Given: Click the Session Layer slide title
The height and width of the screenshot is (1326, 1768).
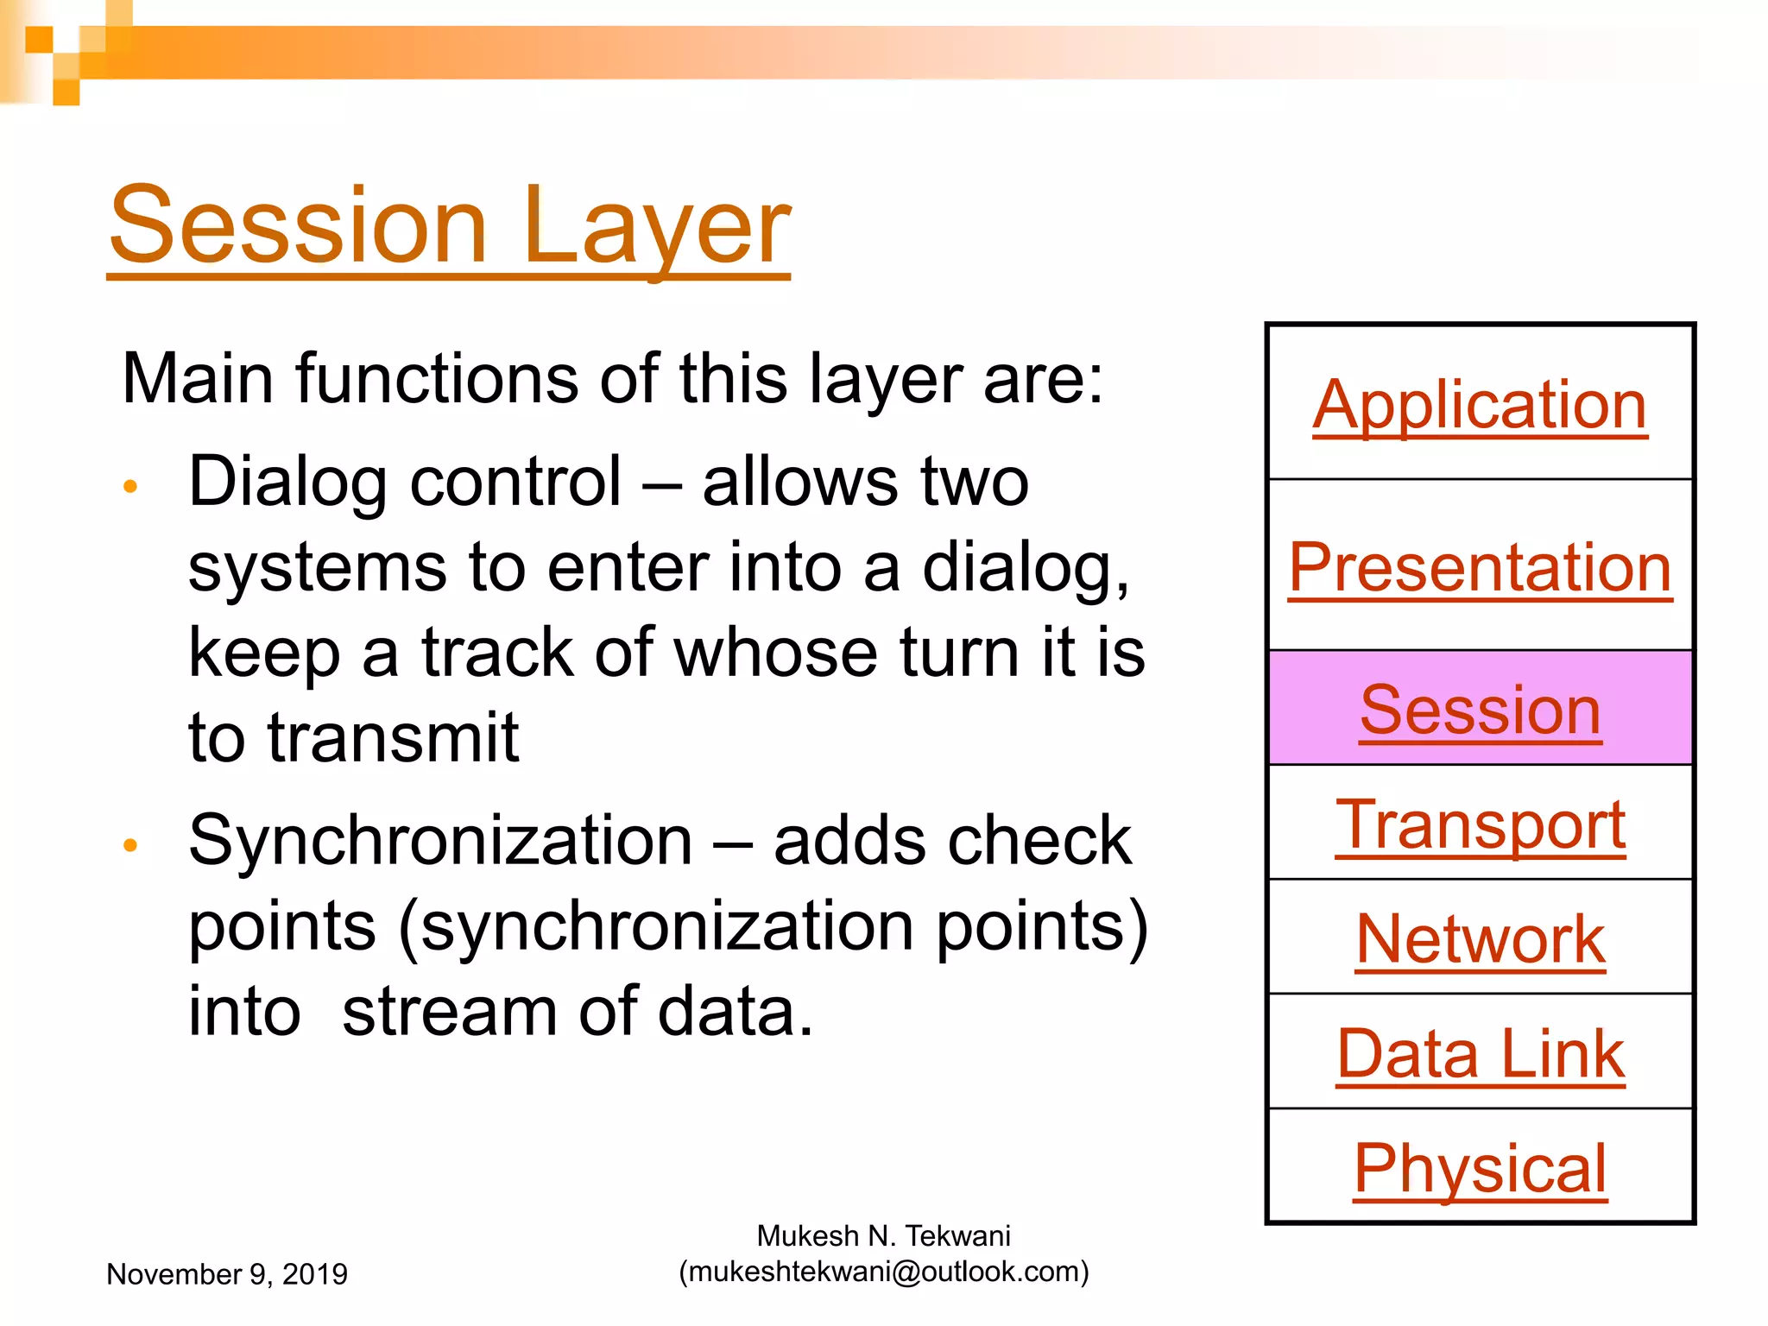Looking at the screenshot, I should (x=449, y=226).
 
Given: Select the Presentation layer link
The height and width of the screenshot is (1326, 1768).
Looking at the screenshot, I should (x=1480, y=567).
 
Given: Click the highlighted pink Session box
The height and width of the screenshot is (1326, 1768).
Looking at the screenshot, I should (x=1480, y=709).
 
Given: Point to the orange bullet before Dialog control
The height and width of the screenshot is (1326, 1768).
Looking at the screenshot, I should (x=130, y=486).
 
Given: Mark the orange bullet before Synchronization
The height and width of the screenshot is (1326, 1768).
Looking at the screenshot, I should (x=130, y=844).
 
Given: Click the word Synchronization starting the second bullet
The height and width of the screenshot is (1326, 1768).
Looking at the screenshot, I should (x=440, y=841).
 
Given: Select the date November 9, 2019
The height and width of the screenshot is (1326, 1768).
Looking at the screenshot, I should (x=226, y=1274).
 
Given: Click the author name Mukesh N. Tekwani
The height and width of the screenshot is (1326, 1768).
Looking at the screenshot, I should (x=883, y=1236).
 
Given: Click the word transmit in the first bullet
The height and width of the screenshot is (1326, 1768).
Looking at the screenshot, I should (x=393, y=738).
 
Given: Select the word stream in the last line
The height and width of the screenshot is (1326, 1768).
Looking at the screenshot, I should (x=449, y=1012).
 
